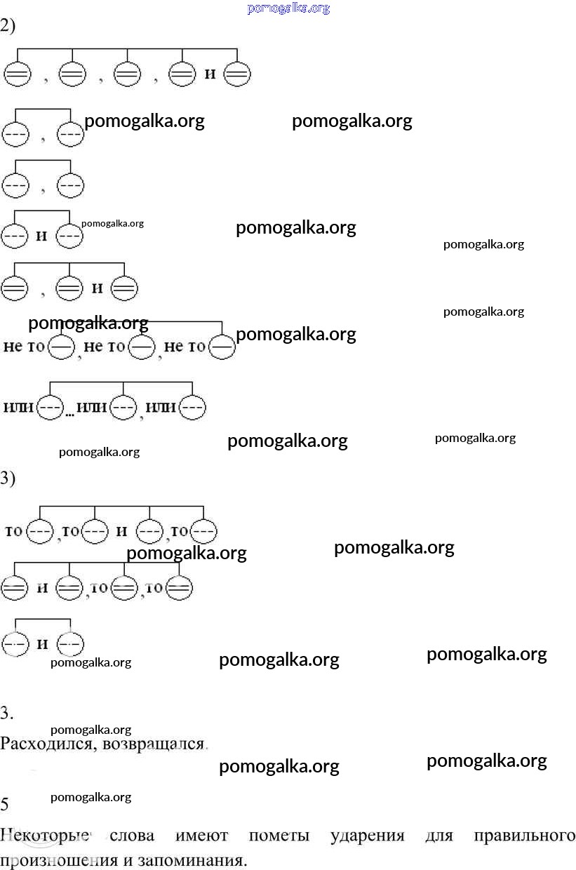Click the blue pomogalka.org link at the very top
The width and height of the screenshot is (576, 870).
tap(288, 8)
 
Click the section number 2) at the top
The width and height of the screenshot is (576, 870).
tap(8, 26)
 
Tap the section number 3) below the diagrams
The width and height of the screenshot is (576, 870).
tap(8, 479)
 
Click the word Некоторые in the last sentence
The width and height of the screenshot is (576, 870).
tap(45, 836)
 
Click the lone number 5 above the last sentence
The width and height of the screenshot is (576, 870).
tap(5, 804)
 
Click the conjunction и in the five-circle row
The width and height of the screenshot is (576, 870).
tap(210, 74)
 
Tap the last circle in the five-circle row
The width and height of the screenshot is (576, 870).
tap(236, 74)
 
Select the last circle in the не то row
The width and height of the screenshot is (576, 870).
tap(222, 347)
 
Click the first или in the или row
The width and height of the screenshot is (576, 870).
tap(19, 408)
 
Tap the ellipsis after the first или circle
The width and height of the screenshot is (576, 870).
tap(69, 414)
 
